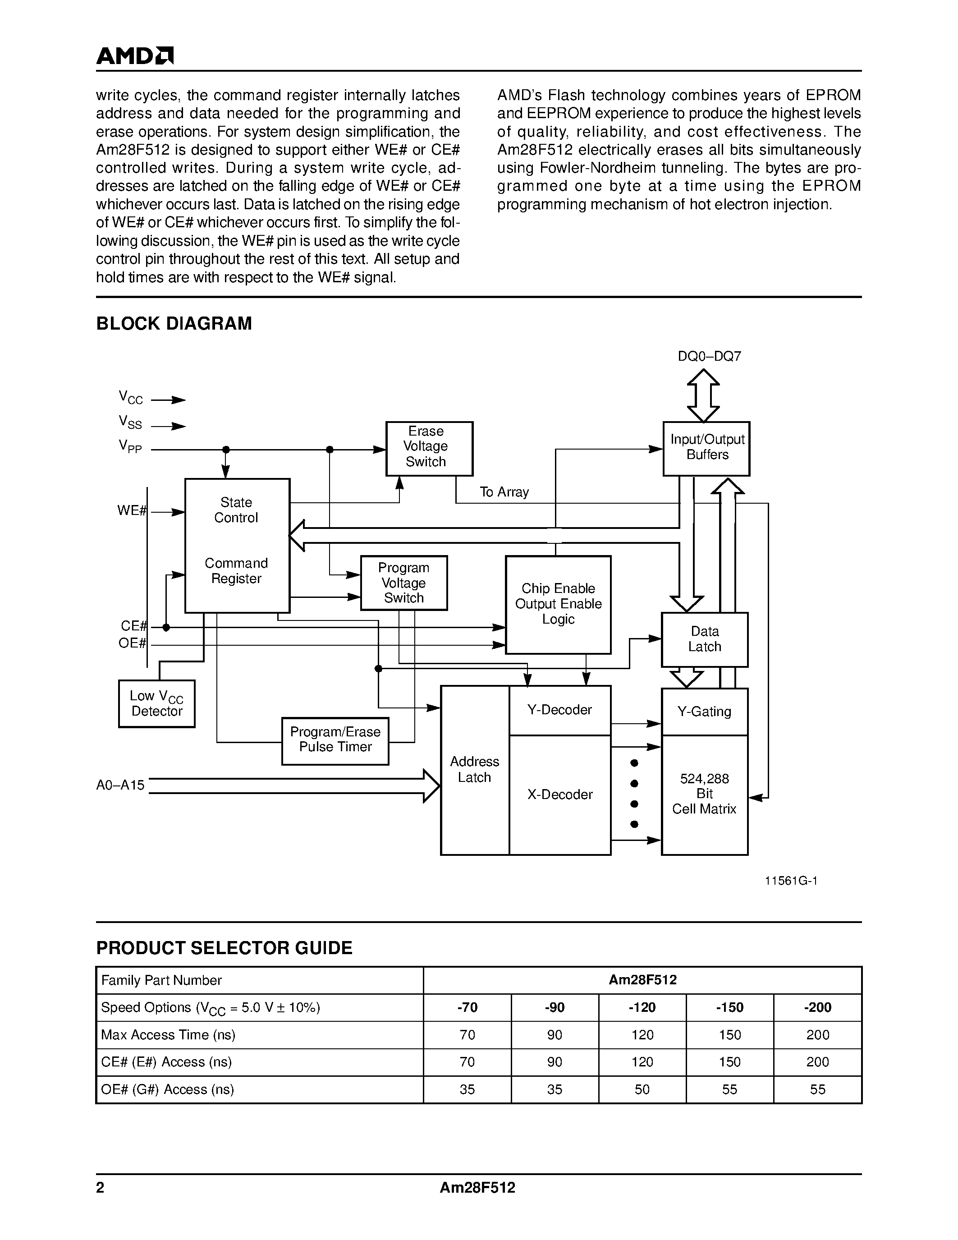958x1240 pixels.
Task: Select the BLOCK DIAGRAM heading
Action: pyautogui.click(x=174, y=324)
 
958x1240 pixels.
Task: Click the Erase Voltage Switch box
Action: pyautogui.click(x=429, y=448)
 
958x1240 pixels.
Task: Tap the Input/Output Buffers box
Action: pyautogui.click(x=706, y=448)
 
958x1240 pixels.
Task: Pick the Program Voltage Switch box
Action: pyautogui.click(x=403, y=583)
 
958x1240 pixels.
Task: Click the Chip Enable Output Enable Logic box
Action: pyautogui.click(x=558, y=604)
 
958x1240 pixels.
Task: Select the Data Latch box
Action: pyautogui.click(x=704, y=639)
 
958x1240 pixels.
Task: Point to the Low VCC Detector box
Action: pyautogui.click(x=156, y=703)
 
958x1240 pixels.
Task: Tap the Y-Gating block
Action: pyautogui.click(x=704, y=712)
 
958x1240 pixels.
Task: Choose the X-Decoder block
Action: pyautogui.click(x=559, y=795)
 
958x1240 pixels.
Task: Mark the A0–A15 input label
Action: pyautogui.click(x=120, y=785)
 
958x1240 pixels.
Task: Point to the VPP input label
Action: pyautogui.click(x=130, y=446)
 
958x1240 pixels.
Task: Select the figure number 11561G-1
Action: pyautogui.click(x=791, y=881)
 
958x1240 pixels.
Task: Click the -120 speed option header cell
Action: pyautogui.click(x=642, y=1007)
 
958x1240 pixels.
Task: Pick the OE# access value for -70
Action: pyautogui.click(x=467, y=1089)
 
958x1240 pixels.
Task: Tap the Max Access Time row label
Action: pyautogui.click(x=168, y=1034)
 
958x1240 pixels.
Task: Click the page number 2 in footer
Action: pyautogui.click(x=101, y=1188)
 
